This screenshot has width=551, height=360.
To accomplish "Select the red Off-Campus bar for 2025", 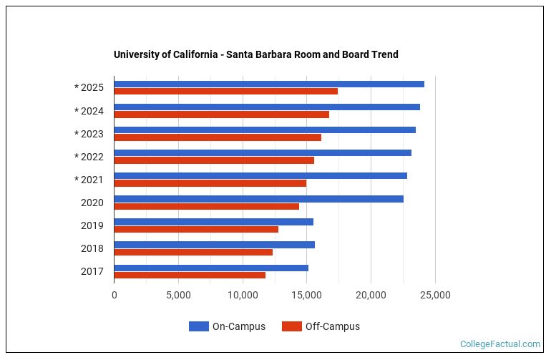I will (225, 92).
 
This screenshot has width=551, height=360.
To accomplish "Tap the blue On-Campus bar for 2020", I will (258, 199).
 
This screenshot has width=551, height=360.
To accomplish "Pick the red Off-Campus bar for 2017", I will (190, 275).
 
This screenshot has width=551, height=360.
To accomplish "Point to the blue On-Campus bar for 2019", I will (213, 222).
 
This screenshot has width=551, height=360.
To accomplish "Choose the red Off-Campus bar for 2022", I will (214, 160).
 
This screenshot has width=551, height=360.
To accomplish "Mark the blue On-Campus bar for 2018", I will (214, 245).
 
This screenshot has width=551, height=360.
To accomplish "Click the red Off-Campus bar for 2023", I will (218, 137).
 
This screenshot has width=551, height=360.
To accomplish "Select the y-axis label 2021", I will (92, 180).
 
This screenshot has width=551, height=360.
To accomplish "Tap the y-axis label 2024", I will (92, 111).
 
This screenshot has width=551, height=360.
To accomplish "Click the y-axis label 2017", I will (92, 271).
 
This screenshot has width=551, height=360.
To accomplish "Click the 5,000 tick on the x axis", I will (178, 295).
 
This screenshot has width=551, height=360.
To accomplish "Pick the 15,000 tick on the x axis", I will (307, 295).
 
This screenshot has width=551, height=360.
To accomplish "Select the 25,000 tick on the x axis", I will (435, 295).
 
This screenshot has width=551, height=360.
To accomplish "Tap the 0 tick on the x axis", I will (114, 295).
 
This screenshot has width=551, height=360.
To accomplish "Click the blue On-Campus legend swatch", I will (198, 326).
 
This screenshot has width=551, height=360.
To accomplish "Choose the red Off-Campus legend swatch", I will (291, 326).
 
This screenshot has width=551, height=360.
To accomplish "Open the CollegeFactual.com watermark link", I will (500, 344).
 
